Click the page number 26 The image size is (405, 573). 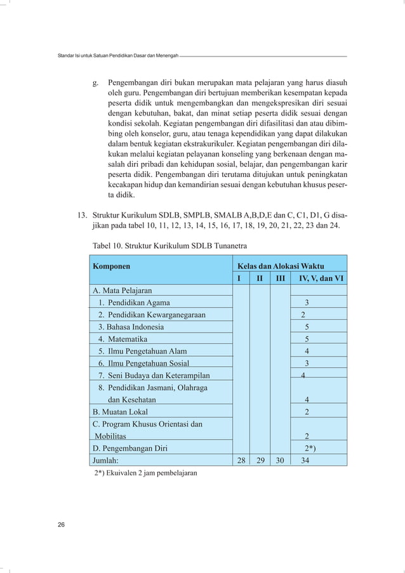61,525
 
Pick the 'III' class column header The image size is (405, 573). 279,278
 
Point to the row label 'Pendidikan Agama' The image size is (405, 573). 138,303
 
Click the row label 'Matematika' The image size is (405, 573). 129,339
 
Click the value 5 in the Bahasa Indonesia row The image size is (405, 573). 307,327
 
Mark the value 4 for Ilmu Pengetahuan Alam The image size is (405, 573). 307,352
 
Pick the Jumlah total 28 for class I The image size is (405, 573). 239,461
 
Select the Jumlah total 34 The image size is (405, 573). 305,461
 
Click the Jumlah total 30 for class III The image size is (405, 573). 279,461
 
